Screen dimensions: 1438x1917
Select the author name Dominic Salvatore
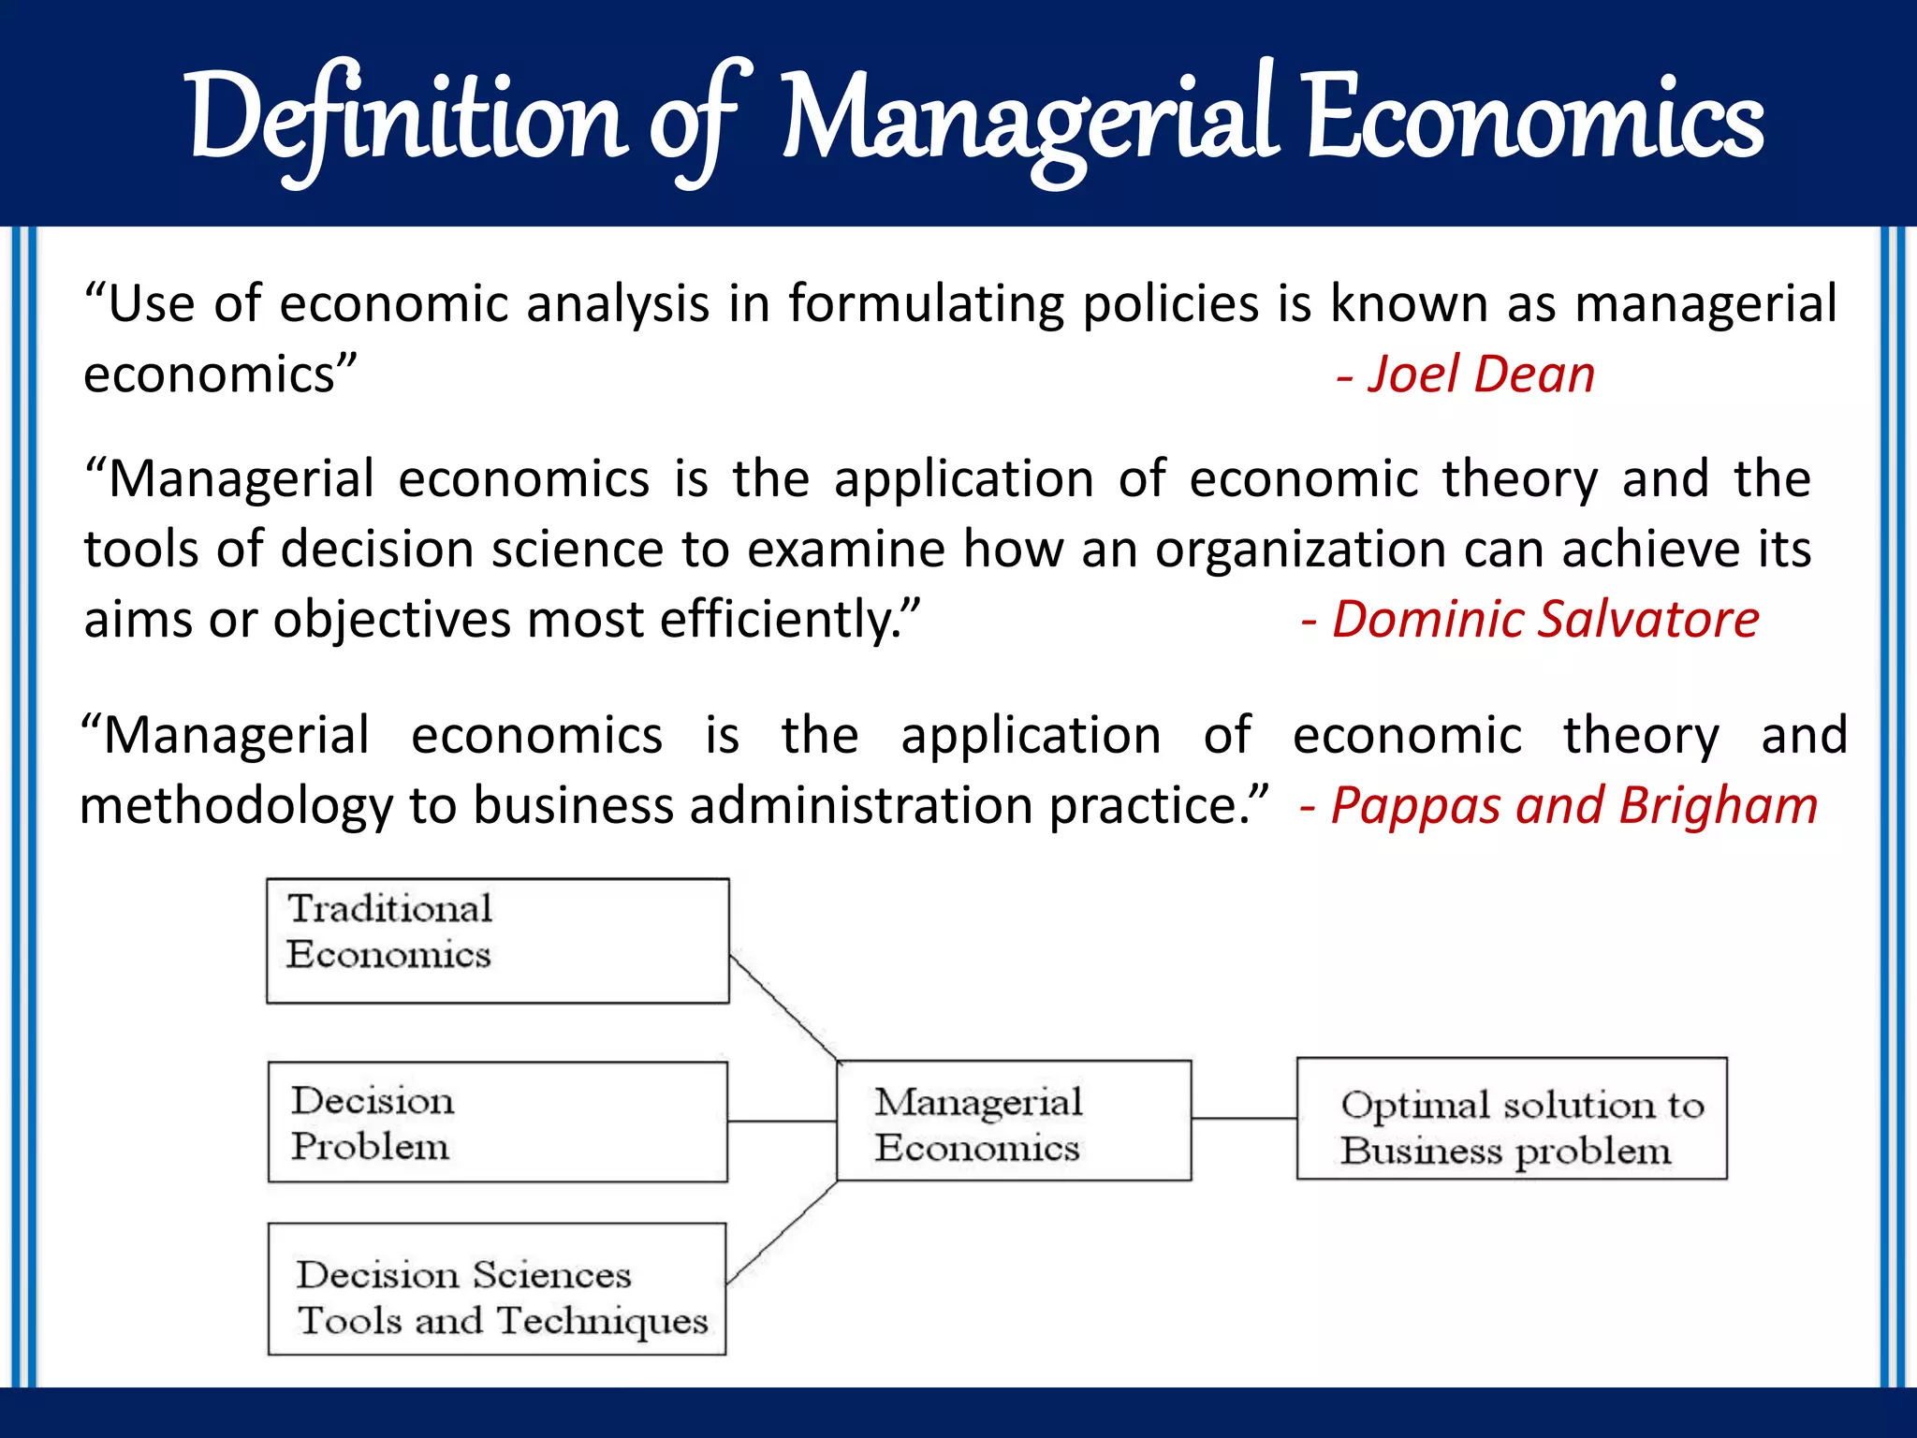[x=1544, y=620]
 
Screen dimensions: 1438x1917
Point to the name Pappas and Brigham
[x=1573, y=805]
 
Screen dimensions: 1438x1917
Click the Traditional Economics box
[x=497, y=941]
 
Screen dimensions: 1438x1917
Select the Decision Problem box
[x=497, y=1122]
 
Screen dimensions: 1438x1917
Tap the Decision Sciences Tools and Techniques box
[x=497, y=1288]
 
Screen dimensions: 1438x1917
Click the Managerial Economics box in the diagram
[x=1014, y=1121]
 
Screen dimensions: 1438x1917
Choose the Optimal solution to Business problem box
[x=1512, y=1119]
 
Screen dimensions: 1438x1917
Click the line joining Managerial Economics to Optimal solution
[x=1244, y=1118]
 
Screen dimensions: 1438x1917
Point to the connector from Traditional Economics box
[x=784, y=1008]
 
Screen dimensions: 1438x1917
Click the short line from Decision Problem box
[x=782, y=1121]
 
